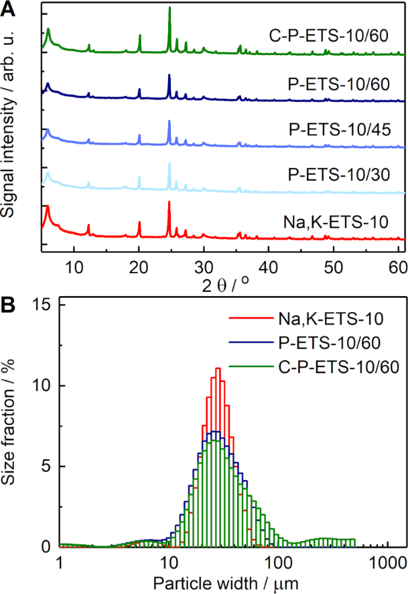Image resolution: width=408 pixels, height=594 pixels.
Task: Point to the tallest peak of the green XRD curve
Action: pyautogui.click(x=169, y=8)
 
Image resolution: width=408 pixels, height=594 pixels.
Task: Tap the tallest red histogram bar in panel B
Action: pyautogui.click(x=218, y=368)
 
